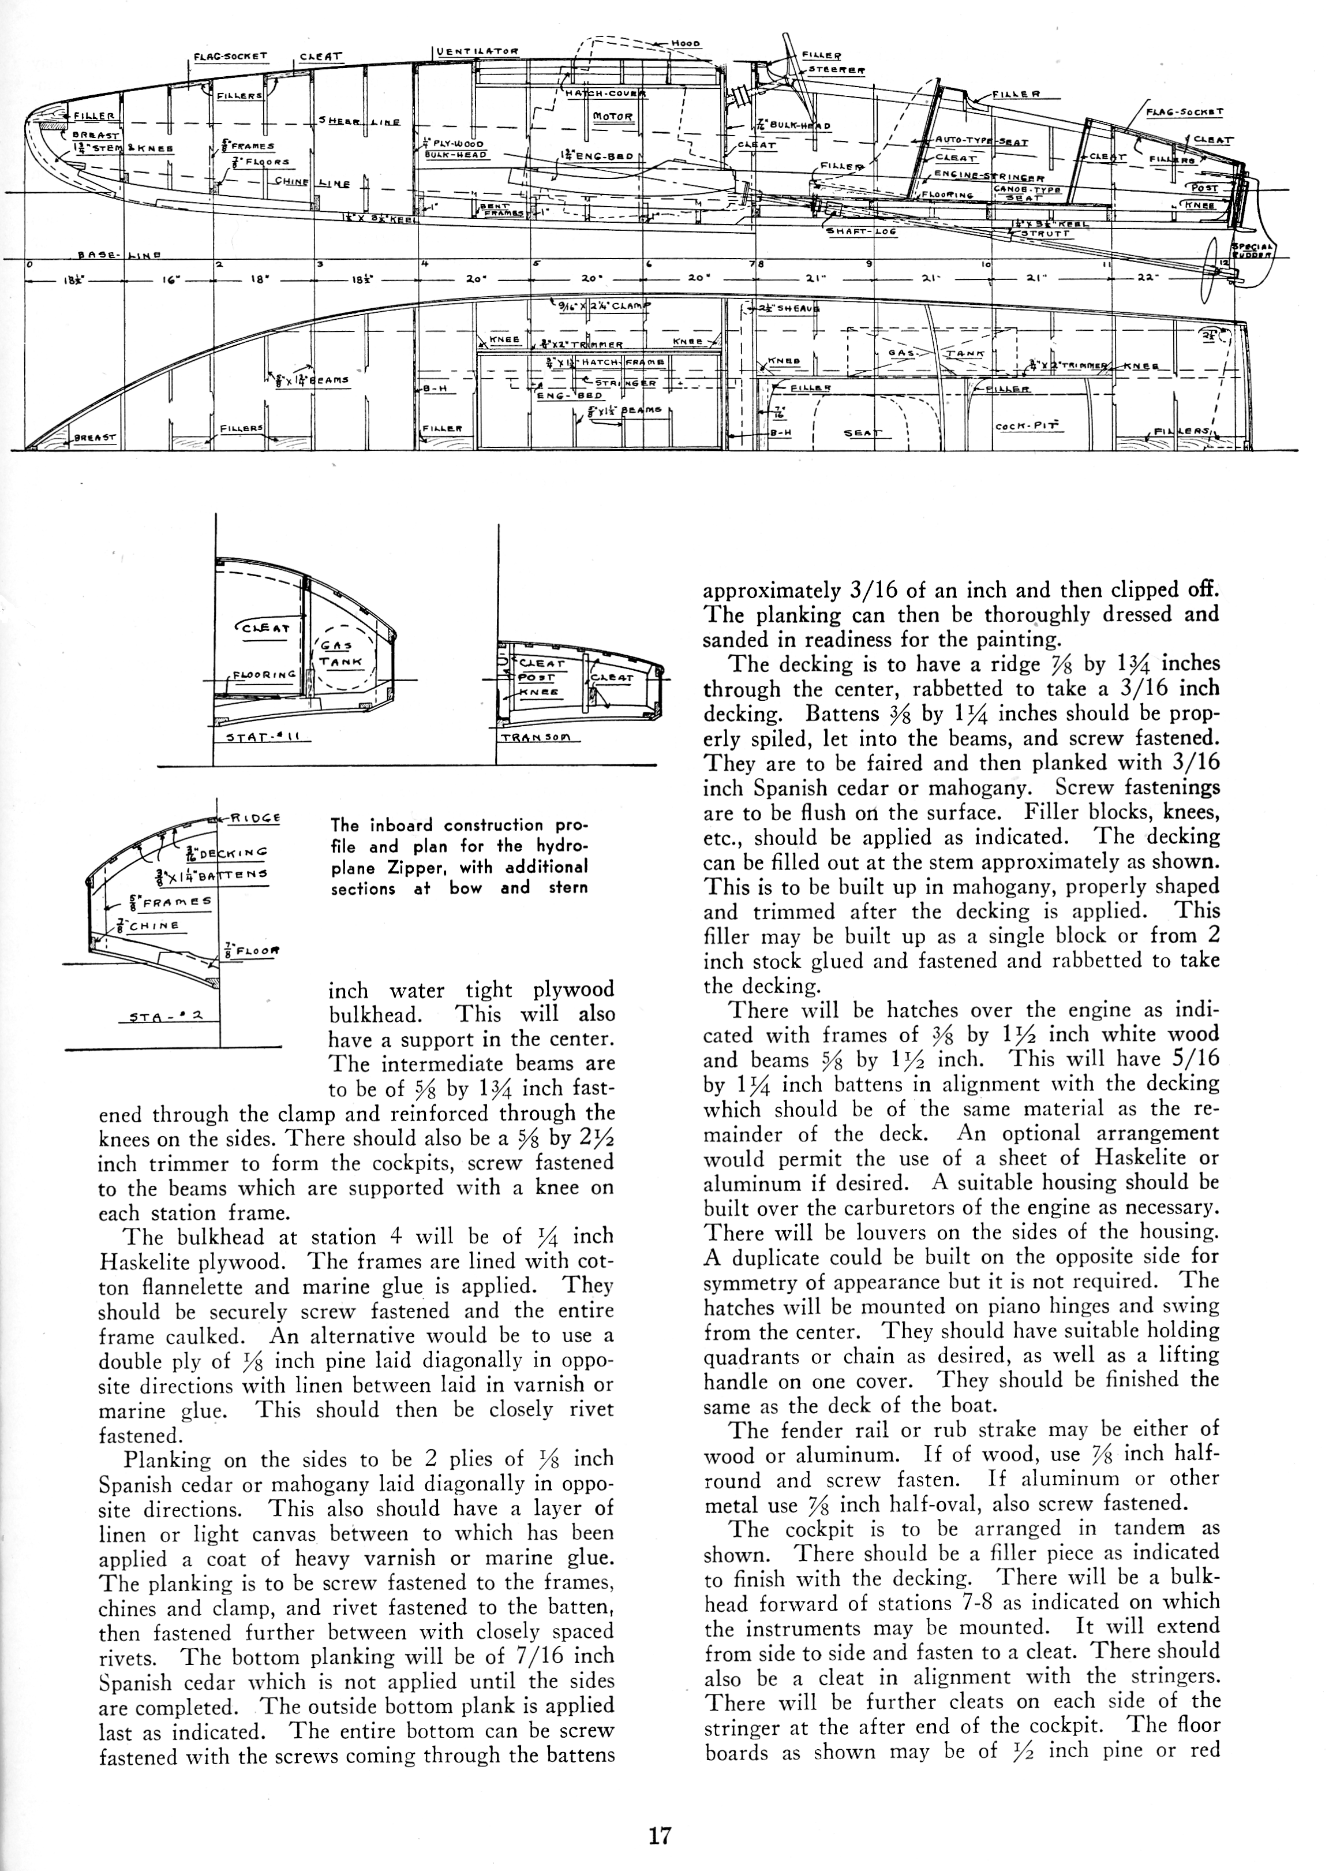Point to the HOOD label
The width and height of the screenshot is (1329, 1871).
tap(684, 43)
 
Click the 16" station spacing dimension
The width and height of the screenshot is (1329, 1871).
tap(170, 279)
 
